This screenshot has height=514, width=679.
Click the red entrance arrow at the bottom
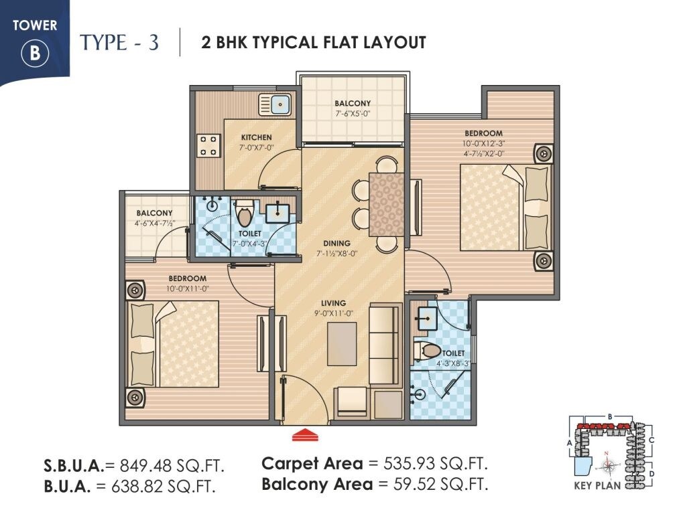[x=305, y=435]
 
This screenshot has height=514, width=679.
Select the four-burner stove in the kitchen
[x=208, y=145]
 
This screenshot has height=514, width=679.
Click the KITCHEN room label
[x=257, y=137]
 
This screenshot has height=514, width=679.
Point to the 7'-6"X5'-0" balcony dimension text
[x=353, y=113]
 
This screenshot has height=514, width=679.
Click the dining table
[x=386, y=203]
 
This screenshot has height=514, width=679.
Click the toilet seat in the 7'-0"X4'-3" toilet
[x=245, y=213]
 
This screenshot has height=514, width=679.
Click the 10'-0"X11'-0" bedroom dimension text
[x=188, y=288]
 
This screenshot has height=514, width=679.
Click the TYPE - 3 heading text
[x=120, y=42]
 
